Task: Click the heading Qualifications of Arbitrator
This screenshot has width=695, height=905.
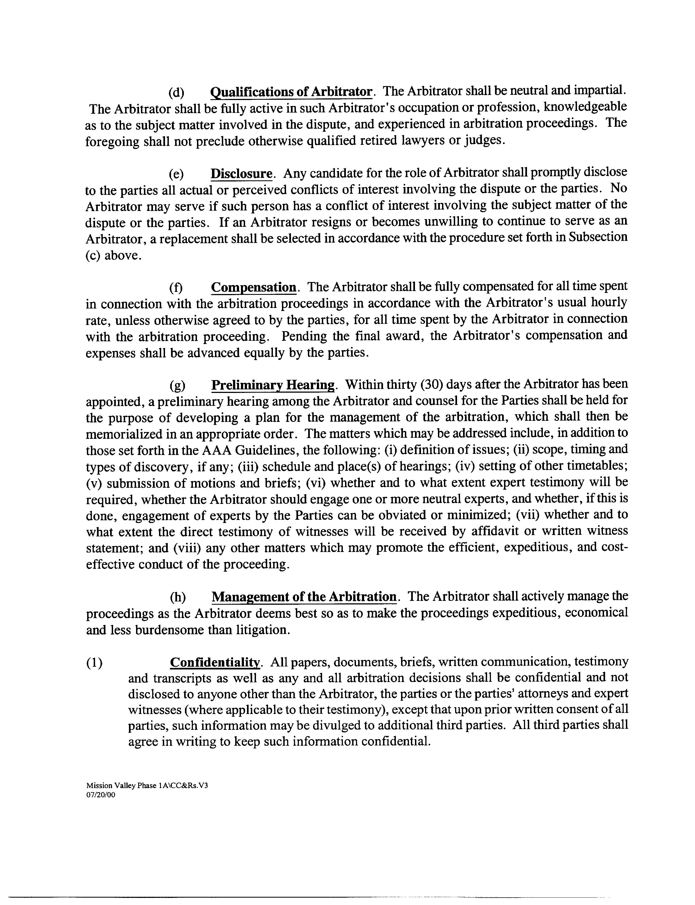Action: point(291,92)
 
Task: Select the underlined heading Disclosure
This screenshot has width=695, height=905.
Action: point(242,174)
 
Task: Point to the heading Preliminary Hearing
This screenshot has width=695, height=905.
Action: point(273,385)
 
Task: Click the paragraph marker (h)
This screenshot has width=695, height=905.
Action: point(178,597)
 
